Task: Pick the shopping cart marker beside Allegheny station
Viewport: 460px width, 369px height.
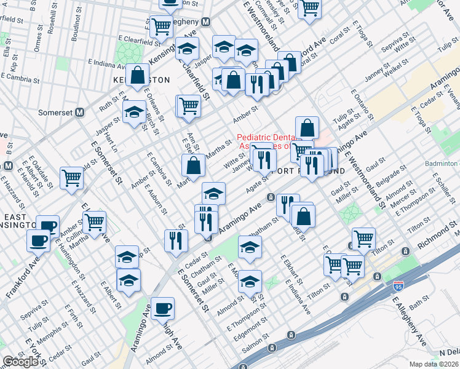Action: pyautogui.click(x=161, y=26)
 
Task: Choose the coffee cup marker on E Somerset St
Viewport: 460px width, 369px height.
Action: pyautogui.click(x=163, y=307)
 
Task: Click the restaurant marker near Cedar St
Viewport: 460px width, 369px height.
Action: pyautogui.click(x=176, y=240)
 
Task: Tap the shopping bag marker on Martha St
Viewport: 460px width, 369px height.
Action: pyautogui.click(x=193, y=165)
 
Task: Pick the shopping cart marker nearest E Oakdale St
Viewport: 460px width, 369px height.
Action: pyautogui.click(x=72, y=179)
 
